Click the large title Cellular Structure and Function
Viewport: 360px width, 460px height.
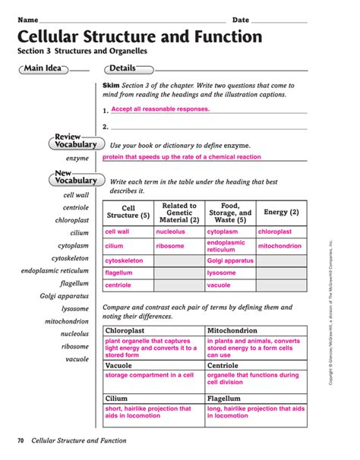(140, 37)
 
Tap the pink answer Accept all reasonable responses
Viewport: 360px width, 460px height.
(160, 109)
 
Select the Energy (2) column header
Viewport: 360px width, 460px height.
(281, 213)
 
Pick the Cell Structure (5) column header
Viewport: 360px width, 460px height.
(128, 213)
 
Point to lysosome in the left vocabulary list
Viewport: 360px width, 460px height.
(75, 309)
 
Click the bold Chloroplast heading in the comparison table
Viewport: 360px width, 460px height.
(127, 332)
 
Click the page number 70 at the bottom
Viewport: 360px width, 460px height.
(21, 441)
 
